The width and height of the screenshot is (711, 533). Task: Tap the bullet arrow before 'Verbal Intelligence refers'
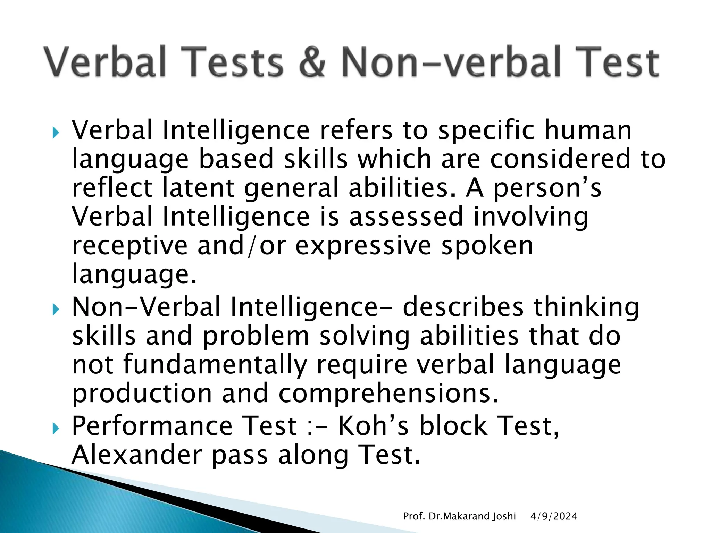tap(56, 133)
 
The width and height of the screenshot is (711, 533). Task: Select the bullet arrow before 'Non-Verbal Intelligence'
tap(56, 309)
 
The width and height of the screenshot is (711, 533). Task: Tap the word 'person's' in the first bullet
tap(547, 188)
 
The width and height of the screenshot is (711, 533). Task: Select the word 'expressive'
tap(363, 245)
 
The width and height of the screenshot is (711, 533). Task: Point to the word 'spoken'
tap(487, 245)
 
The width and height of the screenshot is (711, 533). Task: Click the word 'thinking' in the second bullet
tap(586, 307)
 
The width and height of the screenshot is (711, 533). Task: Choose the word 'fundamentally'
tap(215, 365)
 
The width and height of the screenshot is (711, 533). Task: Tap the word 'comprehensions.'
tap(388, 394)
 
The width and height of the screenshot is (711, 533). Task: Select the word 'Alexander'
tap(137, 455)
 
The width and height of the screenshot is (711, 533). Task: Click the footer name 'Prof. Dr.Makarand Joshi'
tap(459, 516)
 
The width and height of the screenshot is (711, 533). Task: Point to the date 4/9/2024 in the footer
tap(554, 516)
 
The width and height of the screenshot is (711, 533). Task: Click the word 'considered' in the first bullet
tap(560, 159)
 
